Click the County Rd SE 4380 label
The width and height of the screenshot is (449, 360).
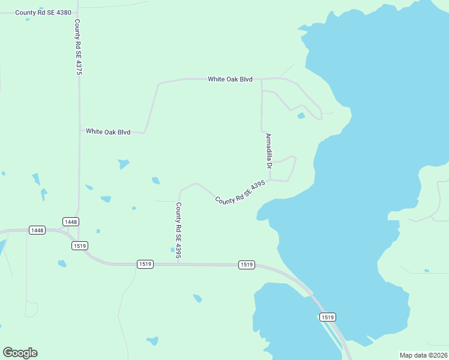pyautogui.click(x=43, y=12)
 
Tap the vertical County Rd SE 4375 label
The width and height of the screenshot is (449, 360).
pyautogui.click(x=78, y=47)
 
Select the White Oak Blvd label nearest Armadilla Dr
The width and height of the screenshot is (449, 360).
pyautogui.click(x=230, y=79)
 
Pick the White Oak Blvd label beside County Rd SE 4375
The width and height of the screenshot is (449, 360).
pyautogui.click(x=108, y=131)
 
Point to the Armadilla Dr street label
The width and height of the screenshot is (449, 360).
pyautogui.click(x=269, y=151)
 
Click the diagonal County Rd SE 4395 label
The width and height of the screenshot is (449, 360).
pyautogui.click(x=240, y=192)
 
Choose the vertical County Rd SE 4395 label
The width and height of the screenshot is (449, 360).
pyautogui.click(x=178, y=231)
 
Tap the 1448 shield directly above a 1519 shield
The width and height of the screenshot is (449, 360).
pyautogui.click(x=71, y=222)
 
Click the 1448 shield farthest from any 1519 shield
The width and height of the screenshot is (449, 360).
pyautogui.click(x=37, y=230)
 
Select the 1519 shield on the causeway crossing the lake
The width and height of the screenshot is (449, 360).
pyautogui.click(x=327, y=317)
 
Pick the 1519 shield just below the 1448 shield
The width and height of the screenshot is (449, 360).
pyautogui.click(x=79, y=245)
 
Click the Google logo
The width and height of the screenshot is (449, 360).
pyautogui.click(x=20, y=353)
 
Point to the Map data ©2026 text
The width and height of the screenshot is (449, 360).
pyautogui.click(x=423, y=355)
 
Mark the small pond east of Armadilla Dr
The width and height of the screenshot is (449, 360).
pyautogui.click(x=301, y=116)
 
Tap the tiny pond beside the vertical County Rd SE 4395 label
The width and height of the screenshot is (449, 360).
pyautogui.click(x=173, y=250)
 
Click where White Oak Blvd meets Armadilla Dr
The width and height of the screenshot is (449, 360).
pyautogui.click(x=261, y=79)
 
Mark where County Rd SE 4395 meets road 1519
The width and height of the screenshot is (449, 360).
pyautogui.click(x=179, y=263)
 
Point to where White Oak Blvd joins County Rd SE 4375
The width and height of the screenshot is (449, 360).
pyautogui.click(x=80, y=130)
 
